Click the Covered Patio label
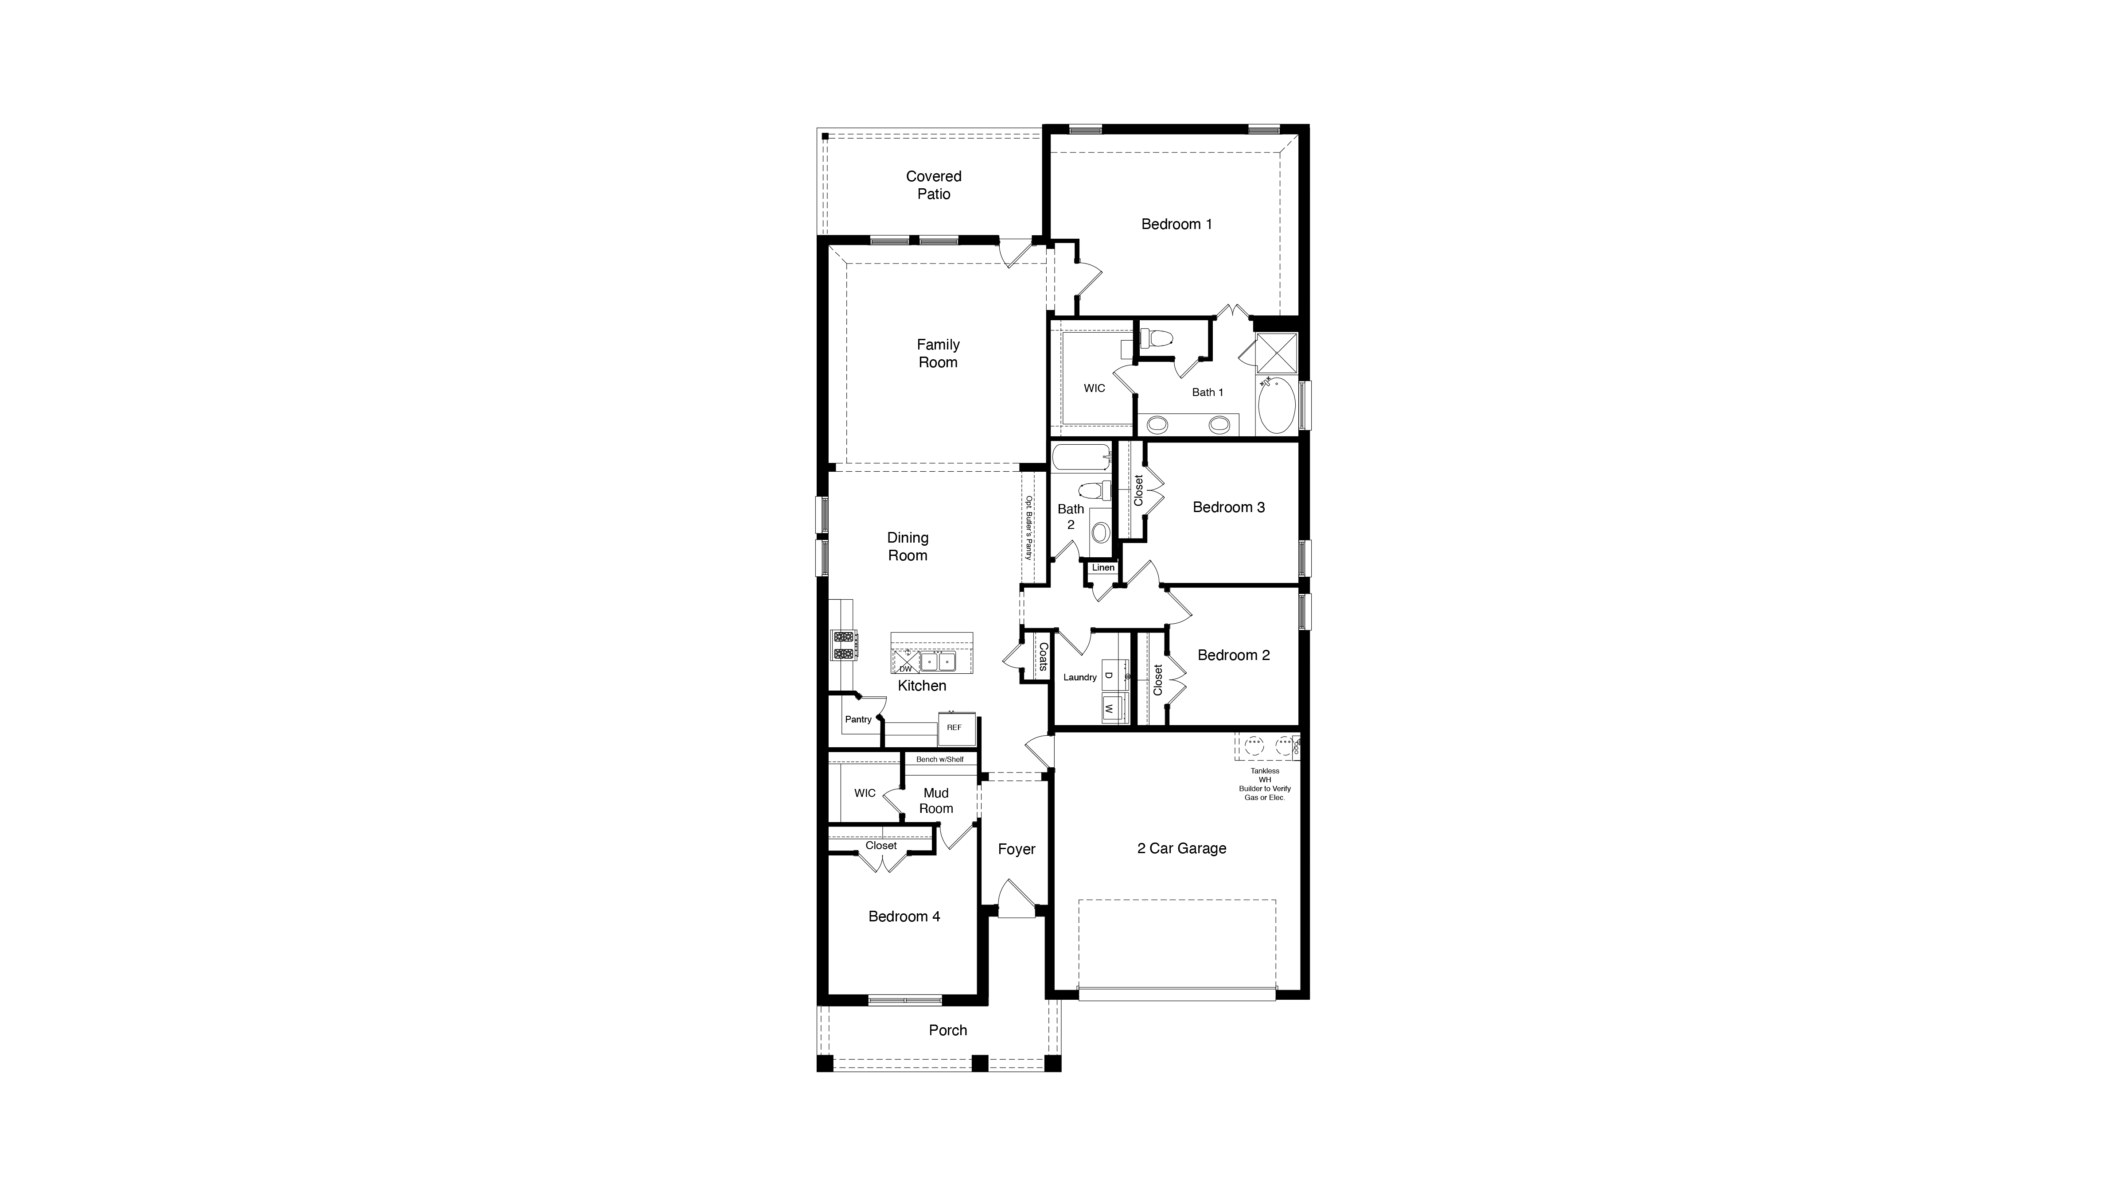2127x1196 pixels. (933, 185)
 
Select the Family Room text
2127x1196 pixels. (938, 353)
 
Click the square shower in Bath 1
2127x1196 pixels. (1277, 353)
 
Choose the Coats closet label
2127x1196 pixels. (1043, 657)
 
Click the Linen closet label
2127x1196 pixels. (1103, 568)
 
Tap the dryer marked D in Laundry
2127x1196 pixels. (1110, 675)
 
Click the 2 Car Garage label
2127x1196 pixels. (1181, 849)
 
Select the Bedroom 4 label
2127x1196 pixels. (904, 916)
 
